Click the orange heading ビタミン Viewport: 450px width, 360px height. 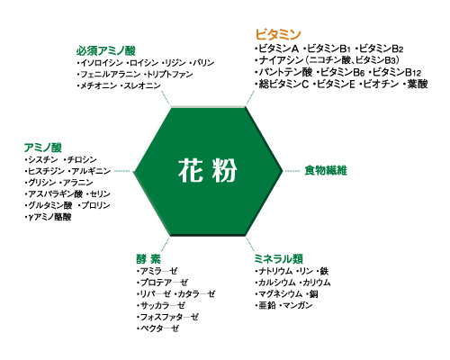(278, 34)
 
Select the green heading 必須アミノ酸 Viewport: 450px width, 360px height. (106, 50)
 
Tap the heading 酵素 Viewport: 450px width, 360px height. (148, 258)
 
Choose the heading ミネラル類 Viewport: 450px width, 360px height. (279, 258)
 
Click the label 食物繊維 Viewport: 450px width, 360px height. (326, 171)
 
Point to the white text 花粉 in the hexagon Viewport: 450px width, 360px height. (208, 171)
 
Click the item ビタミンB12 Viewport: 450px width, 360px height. (397, 72)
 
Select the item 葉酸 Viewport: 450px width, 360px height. (418, 85)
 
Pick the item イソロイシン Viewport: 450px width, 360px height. (102, 63)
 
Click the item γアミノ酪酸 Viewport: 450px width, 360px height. (49, 217)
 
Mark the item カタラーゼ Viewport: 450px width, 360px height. (196, 293)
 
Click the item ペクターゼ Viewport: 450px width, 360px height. (159, 328)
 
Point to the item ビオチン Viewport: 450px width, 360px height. (381, 85)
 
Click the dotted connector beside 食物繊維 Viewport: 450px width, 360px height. (292, 171)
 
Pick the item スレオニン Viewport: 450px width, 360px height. (142, 85)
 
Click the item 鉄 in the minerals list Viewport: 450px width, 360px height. (324, 271)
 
